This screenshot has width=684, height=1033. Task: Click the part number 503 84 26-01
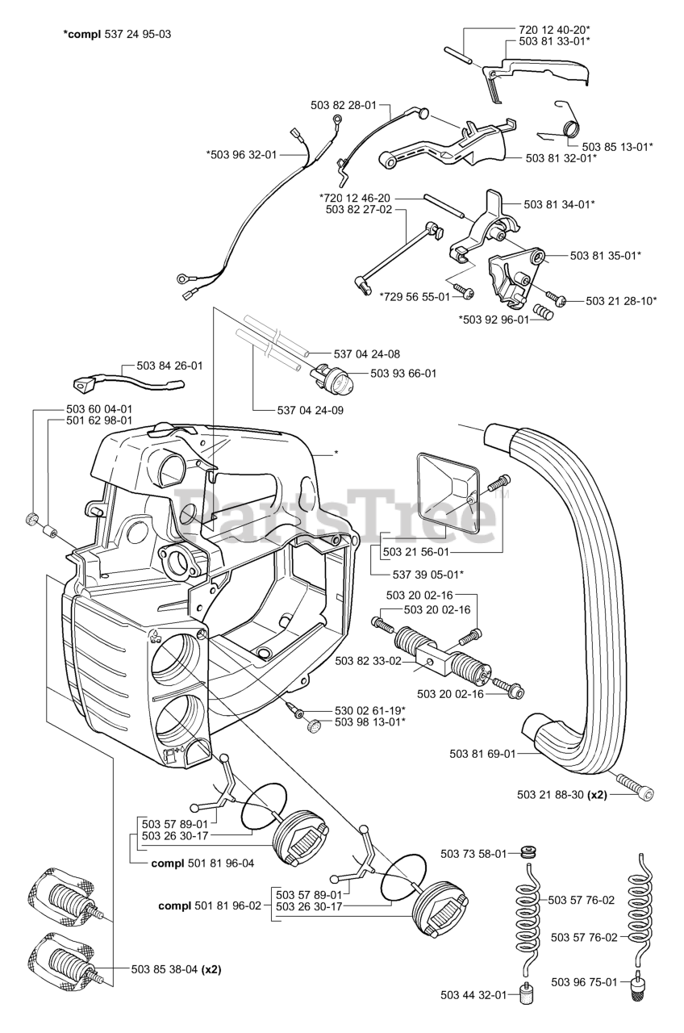pyautogui.click(x=169, y=366)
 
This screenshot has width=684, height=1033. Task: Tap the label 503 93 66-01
pyautogui.click(x=403, y=374)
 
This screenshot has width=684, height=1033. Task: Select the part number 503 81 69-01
pyautogui.click(x=482, y=754)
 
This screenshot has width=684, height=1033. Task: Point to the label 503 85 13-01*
pyautogui.click(x=617, y=147)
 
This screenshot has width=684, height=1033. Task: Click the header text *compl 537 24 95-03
pyautogui.click(x=117, y=35)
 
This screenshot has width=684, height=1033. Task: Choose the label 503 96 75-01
pyautogui.click(x=585, y=982)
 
